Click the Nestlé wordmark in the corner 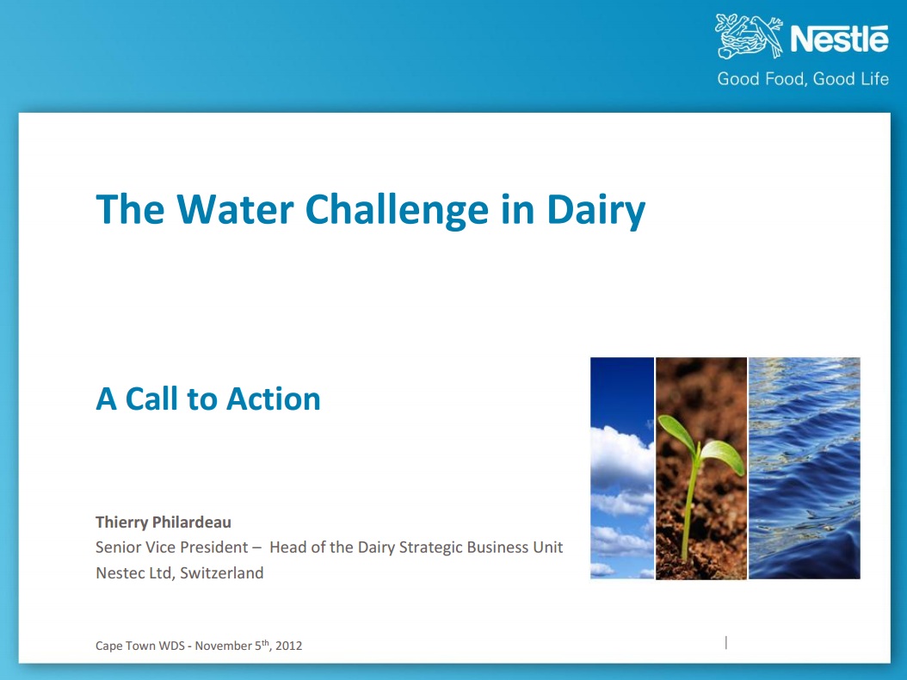point(839,40)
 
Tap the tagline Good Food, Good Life point(803,78)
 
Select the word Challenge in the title point(397,211)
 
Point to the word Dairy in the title point(595,211)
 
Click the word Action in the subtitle point(273,399)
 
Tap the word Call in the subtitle point(152,399)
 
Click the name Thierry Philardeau point(164,522)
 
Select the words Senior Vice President point(172,547)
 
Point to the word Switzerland point(221,573)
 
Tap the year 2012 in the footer point(288,646)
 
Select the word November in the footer point(223,646)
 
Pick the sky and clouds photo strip point(622,468)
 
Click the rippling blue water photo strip point(804,468)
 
